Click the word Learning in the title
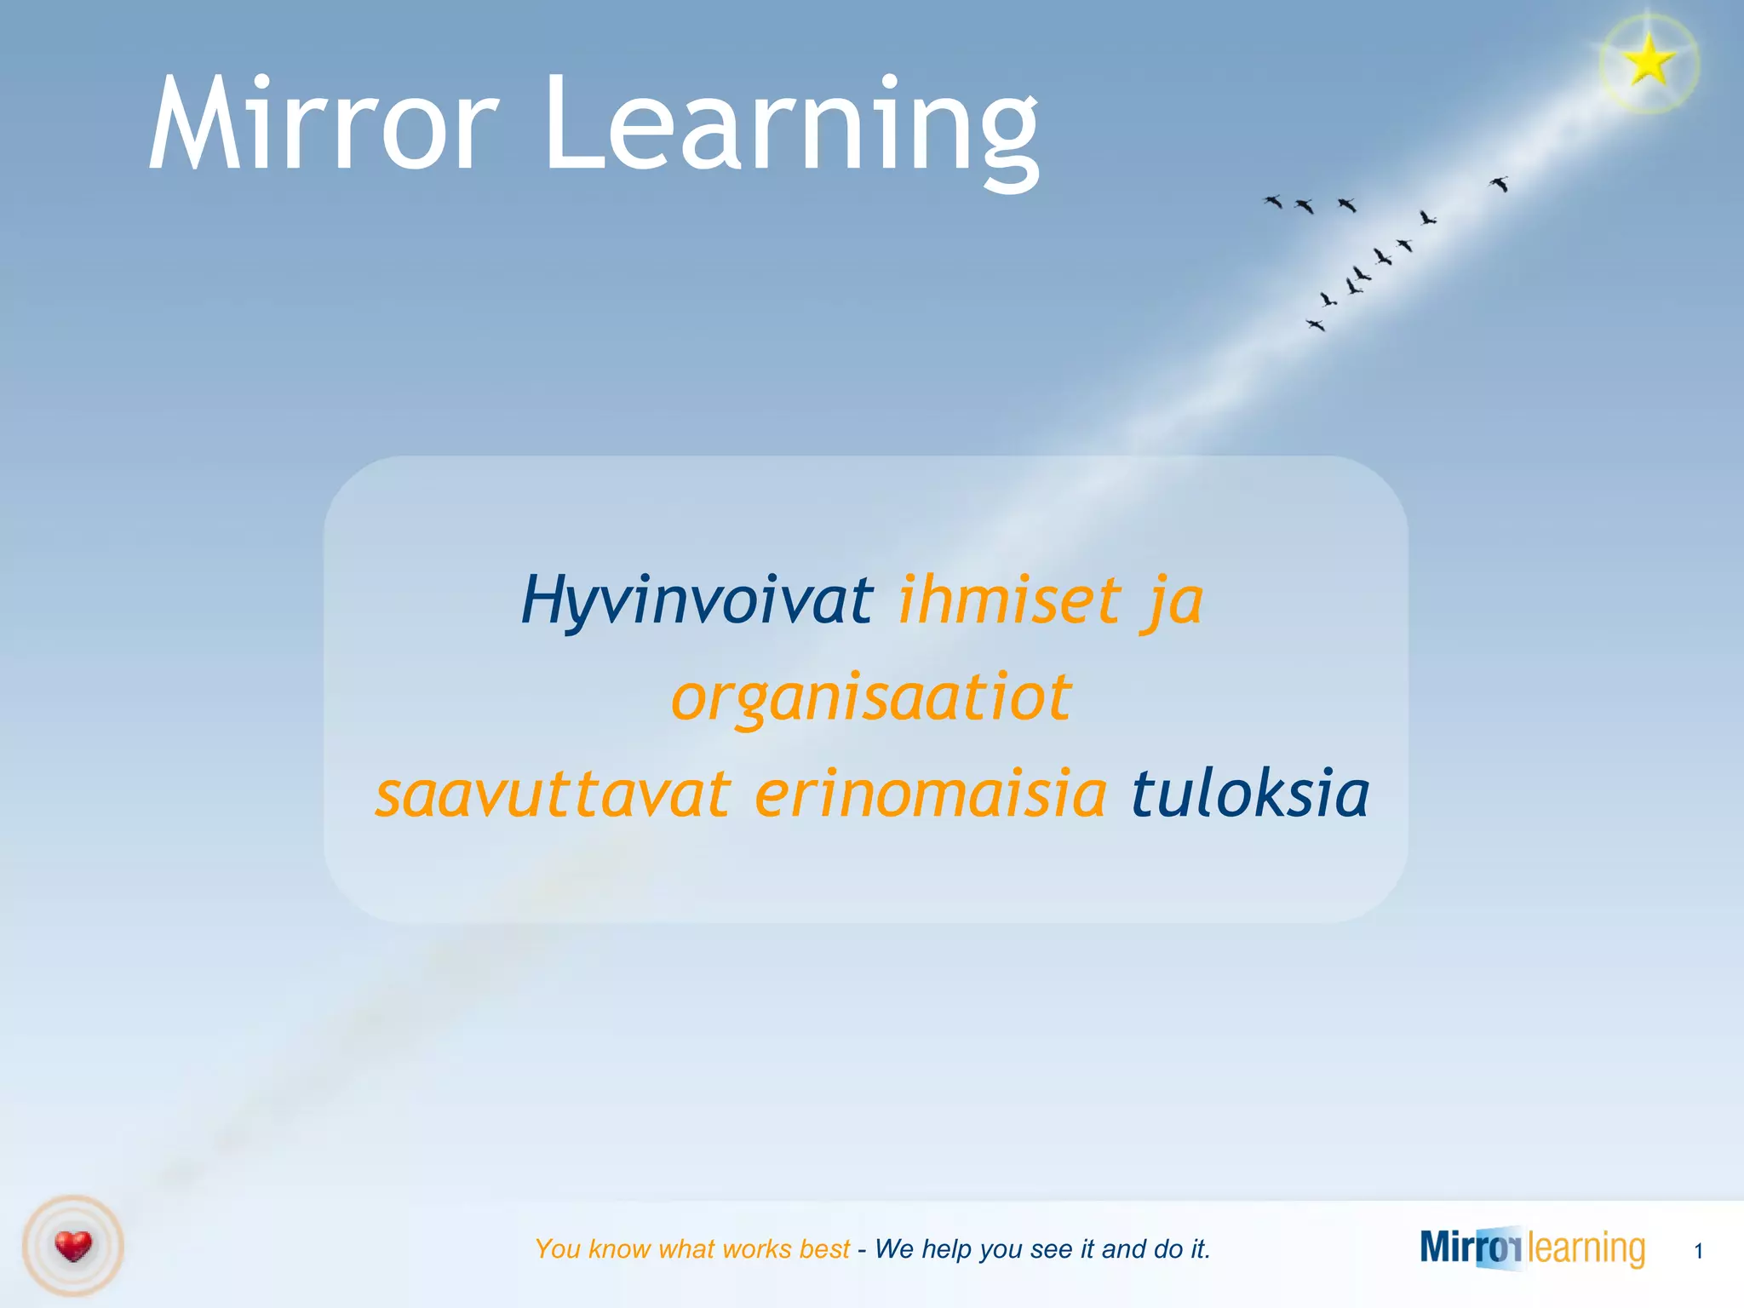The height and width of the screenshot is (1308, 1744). tap(792, 128)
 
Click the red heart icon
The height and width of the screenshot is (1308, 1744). tap(73, 1247)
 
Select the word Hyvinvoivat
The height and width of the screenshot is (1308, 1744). tap(697, 600)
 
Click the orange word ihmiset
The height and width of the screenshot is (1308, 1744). tap(1009, 600)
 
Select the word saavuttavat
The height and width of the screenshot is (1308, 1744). tap(554, 795)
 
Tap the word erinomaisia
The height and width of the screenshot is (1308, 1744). tap(931, 795)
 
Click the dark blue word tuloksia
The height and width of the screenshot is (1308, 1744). tap(1250, 795)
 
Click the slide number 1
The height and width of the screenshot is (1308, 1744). tap(1698, 1251)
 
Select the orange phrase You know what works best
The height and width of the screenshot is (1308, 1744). tap(692, 1249)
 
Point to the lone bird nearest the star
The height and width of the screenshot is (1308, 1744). tap(1500, 184)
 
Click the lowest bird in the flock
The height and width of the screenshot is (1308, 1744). tap(1317, 324)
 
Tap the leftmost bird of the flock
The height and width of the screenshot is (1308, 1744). tap(1273, 202)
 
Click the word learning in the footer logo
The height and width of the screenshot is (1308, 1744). tap(1586, 1248)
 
